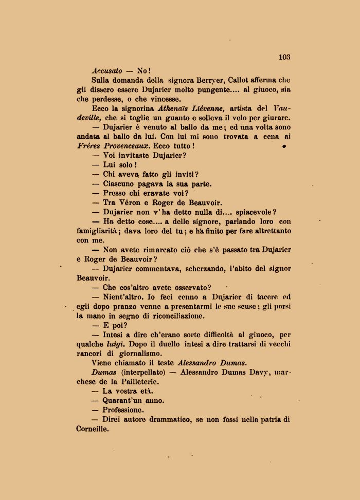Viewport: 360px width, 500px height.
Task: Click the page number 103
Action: point(284,57)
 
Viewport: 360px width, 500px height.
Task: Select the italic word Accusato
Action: point(107,70)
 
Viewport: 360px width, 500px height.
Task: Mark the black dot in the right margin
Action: point(284,146)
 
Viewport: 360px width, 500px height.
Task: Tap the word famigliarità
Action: point(99,231)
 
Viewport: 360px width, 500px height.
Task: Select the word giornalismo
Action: point(138,354)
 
